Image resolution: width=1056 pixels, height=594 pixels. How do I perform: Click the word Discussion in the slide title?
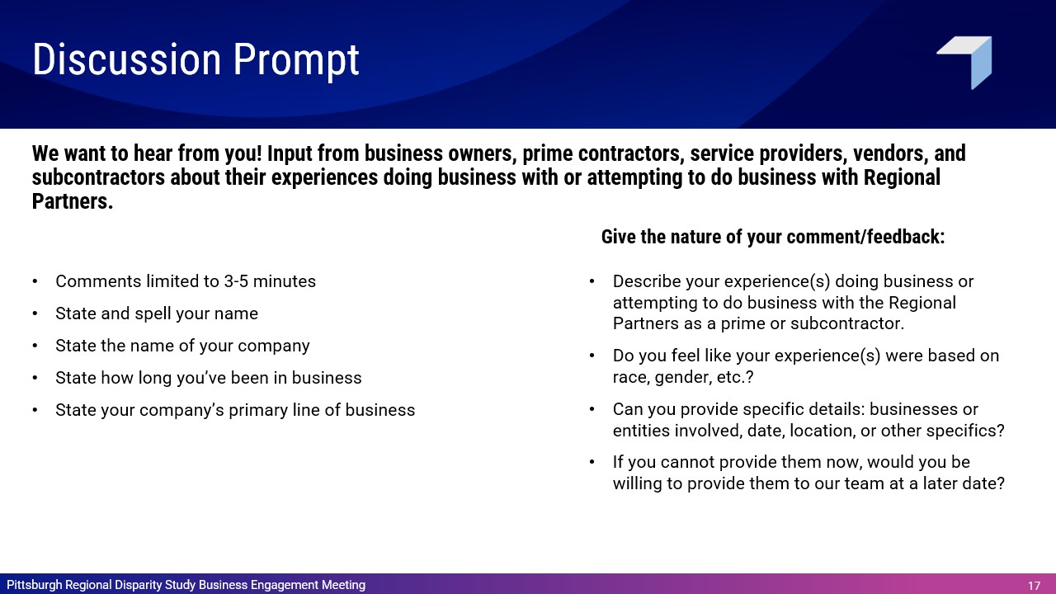(126, 59)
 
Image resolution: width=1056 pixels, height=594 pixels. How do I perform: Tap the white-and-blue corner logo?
(964, 62)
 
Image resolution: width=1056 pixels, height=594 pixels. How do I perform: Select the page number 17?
(1034, 586)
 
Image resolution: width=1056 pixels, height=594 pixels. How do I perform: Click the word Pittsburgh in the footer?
(34, 585)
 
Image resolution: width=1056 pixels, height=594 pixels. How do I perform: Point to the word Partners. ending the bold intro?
(73, 202)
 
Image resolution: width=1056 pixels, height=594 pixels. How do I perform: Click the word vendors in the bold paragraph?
(886, 153)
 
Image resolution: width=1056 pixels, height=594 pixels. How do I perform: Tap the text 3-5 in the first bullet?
(236, 281)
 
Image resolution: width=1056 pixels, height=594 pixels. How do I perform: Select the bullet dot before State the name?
(35, 346)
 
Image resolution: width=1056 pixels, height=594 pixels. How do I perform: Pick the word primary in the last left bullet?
(258, 411)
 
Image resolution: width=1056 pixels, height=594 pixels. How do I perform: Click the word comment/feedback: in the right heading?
(865, 237)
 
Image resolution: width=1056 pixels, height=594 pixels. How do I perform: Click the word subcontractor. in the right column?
(847, 324)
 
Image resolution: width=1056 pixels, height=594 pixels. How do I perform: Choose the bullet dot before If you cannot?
(592, 463)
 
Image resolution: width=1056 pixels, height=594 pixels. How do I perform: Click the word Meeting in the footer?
(343, 585)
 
